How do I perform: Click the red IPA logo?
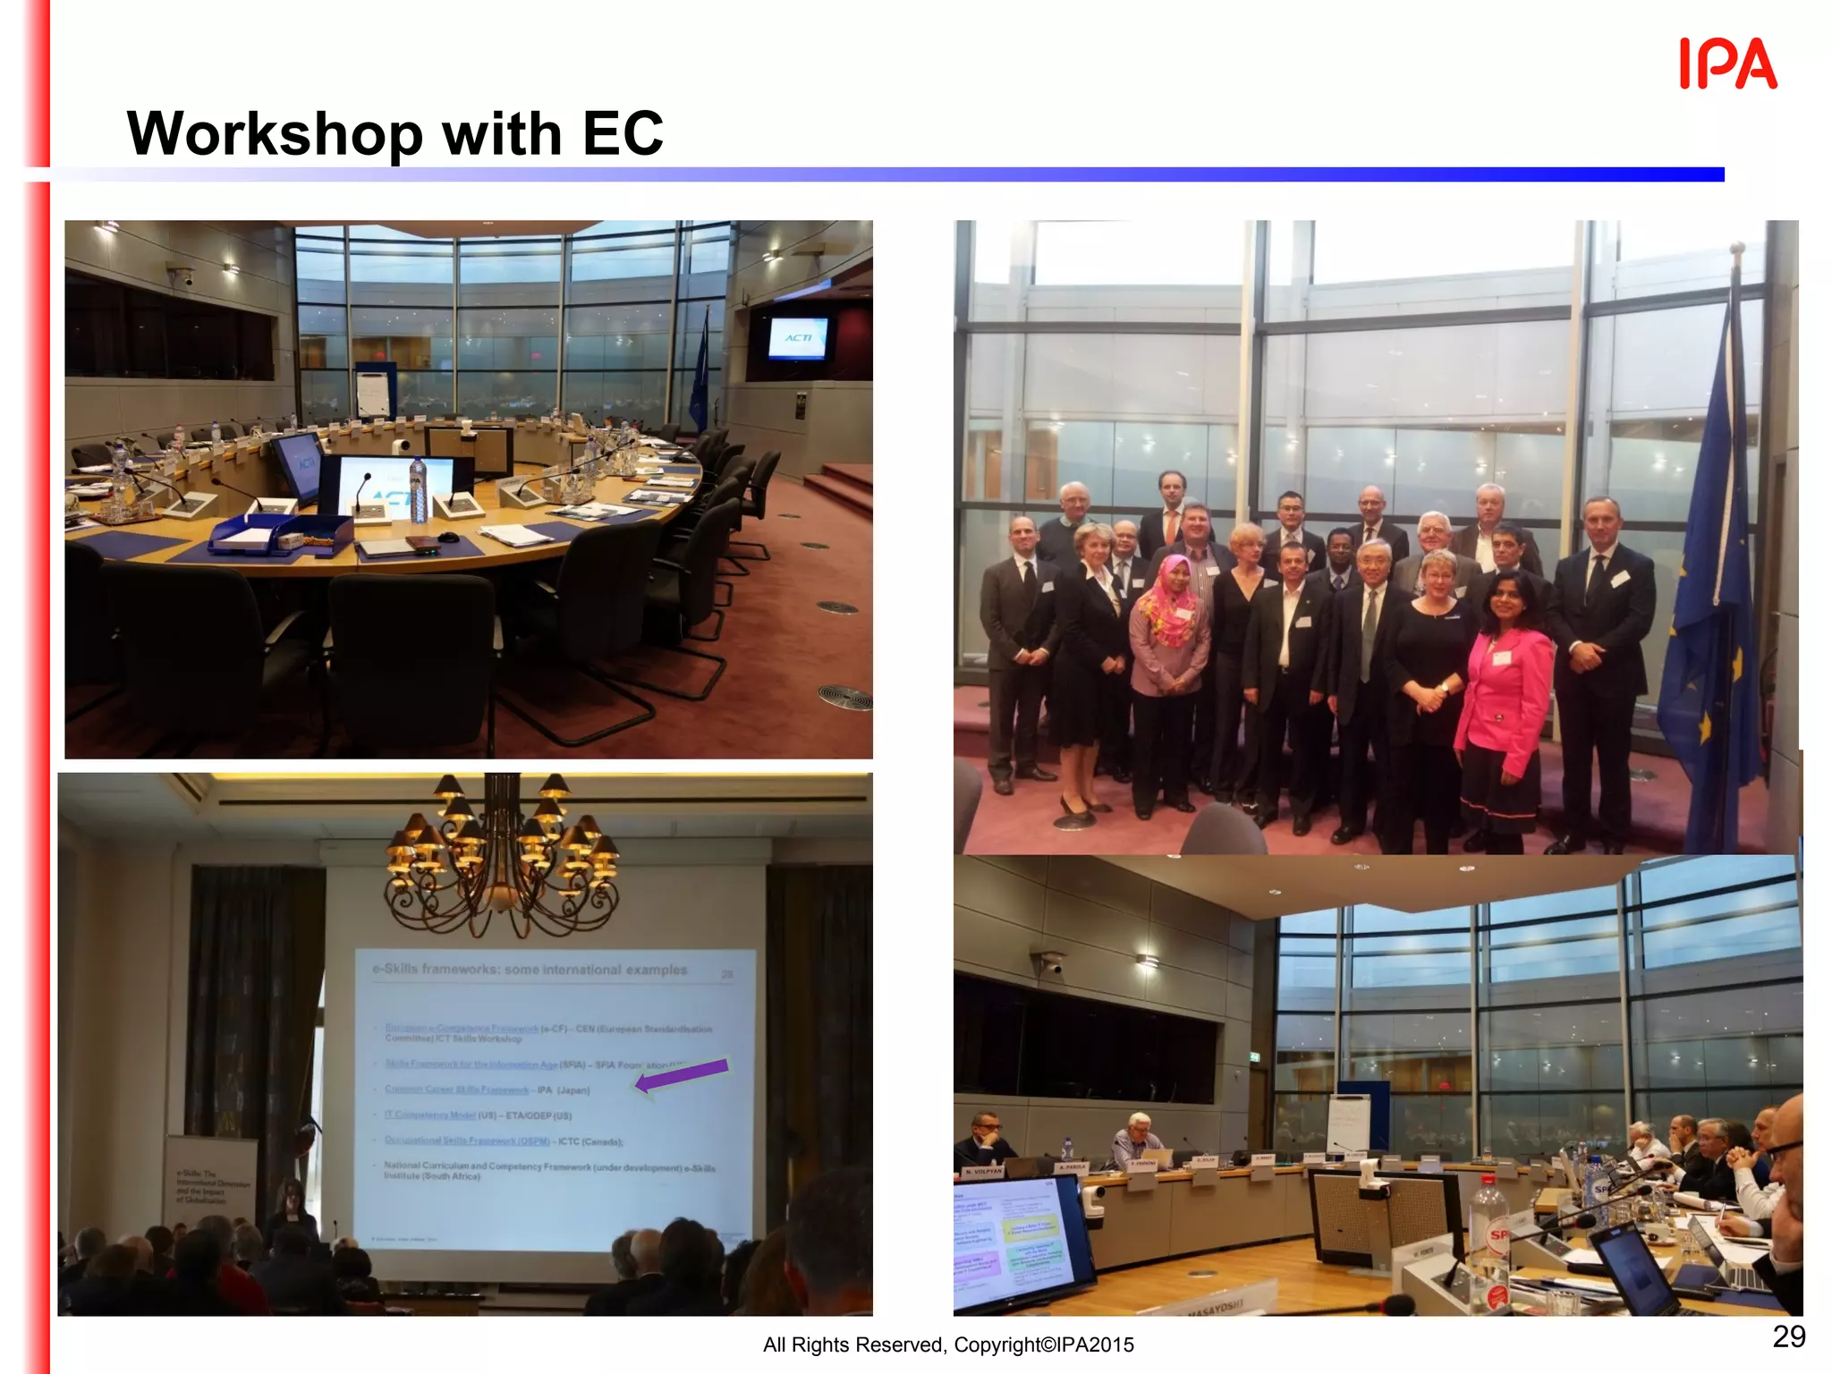[1727, 64]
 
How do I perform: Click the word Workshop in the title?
[274, 134]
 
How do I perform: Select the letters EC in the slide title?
[623, 134]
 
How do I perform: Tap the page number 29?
[1788, 1336]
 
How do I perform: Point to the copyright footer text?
[948, 1344]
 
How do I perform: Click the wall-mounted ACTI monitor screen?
[798, 338]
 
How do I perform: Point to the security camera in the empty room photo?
[182, 276]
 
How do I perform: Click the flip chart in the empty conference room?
[373, 390]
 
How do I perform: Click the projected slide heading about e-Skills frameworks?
[530, 970]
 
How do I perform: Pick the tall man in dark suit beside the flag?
[1600, 662]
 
